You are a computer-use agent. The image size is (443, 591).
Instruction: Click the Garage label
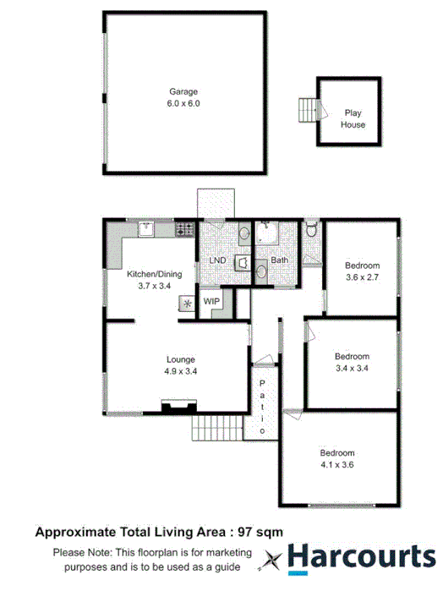click(183, 91)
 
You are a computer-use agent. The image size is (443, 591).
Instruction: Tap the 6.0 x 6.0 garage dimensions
click(183, 103)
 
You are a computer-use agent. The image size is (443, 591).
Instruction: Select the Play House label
click(353, 118)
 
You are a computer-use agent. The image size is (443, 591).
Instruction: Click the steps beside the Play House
click(307, 109)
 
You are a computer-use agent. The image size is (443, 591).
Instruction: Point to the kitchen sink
click(145, 227)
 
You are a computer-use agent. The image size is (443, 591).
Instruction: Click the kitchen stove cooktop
click(184, 228)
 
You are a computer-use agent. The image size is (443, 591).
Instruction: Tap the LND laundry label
click(217, 260)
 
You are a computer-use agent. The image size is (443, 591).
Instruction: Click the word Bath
click(280, 260)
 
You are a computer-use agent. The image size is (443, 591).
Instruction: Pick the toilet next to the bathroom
click(311, 228)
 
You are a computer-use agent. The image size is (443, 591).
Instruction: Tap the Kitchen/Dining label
click(153, 275)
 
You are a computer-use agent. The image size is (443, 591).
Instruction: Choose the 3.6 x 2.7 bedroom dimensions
click(362, 276)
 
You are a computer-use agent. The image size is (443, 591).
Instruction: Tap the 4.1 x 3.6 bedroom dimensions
click(337, 464)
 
